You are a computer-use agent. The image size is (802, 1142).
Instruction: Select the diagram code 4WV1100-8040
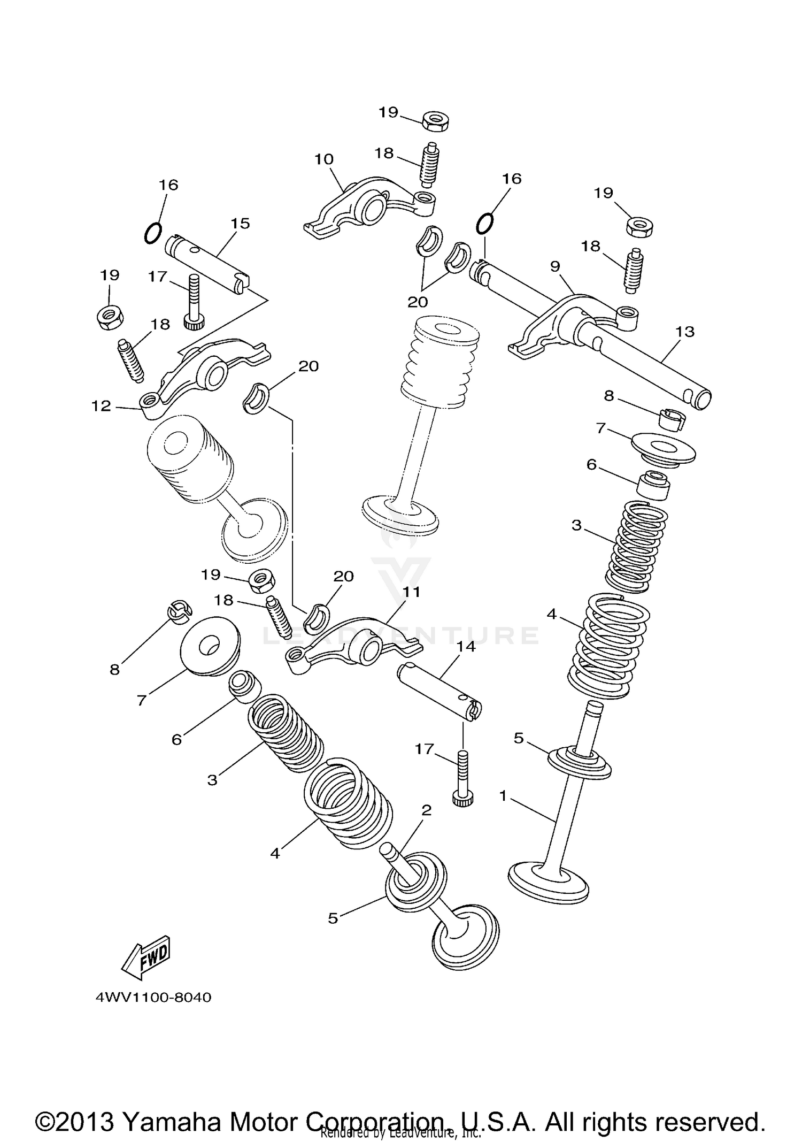point(154,998)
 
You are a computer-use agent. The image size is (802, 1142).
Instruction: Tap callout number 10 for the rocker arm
point(324,159)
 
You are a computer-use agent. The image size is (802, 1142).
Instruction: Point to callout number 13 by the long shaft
point(685,332)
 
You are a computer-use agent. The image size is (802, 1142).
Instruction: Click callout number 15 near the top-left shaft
point(241,224)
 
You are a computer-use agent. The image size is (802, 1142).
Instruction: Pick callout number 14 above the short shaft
point(466,647)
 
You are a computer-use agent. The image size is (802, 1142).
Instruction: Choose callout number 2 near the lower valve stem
point(426,810)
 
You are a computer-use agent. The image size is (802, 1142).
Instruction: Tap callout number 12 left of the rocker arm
point(101,406)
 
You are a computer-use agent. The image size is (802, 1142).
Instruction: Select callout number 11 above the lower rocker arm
point(412,593)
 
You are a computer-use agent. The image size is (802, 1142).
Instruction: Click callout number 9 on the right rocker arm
point(555,266)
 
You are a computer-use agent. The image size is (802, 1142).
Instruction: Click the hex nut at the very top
point(435,120)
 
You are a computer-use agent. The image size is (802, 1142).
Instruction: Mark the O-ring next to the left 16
point(152,233)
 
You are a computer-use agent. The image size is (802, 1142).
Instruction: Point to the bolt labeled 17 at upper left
point(193,303)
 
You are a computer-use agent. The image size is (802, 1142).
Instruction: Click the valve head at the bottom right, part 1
point(548,880)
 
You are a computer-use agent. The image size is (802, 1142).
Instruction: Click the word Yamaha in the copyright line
point(172,1107)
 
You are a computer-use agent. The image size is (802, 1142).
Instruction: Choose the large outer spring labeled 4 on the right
point(608,646)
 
